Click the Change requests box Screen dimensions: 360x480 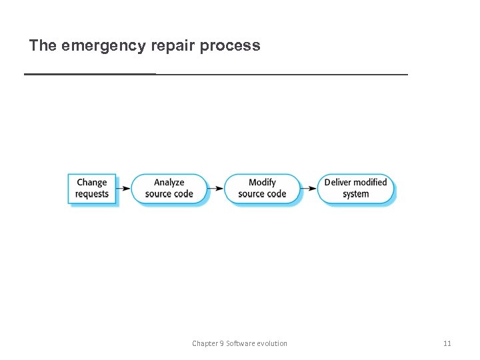(92, 189)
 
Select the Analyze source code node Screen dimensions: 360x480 (169, 189)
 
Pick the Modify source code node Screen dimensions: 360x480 (262, 189)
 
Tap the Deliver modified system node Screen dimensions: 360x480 (355, 189)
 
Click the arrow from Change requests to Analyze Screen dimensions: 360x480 (123, 189)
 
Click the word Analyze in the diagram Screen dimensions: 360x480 (169, 183)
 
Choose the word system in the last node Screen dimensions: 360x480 (355, 195)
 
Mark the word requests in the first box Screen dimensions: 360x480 (92, 195)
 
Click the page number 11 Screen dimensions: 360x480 (447, 343)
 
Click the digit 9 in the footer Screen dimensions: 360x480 (221, 343)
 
